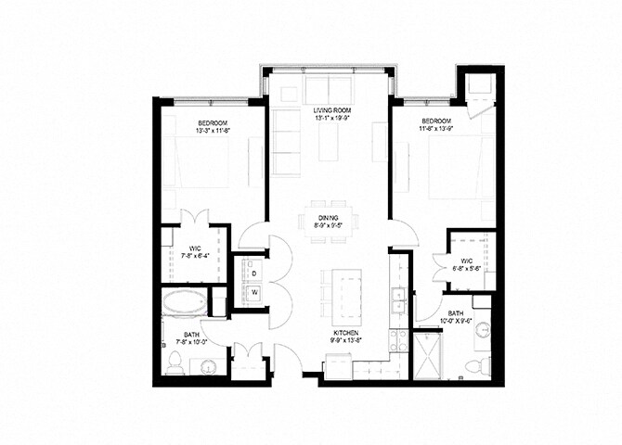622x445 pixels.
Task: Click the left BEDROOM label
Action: click(x=213, y=122)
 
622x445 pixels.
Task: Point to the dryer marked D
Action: click(x=253, y=273)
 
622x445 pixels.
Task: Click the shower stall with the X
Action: click(x=429, y=356)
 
